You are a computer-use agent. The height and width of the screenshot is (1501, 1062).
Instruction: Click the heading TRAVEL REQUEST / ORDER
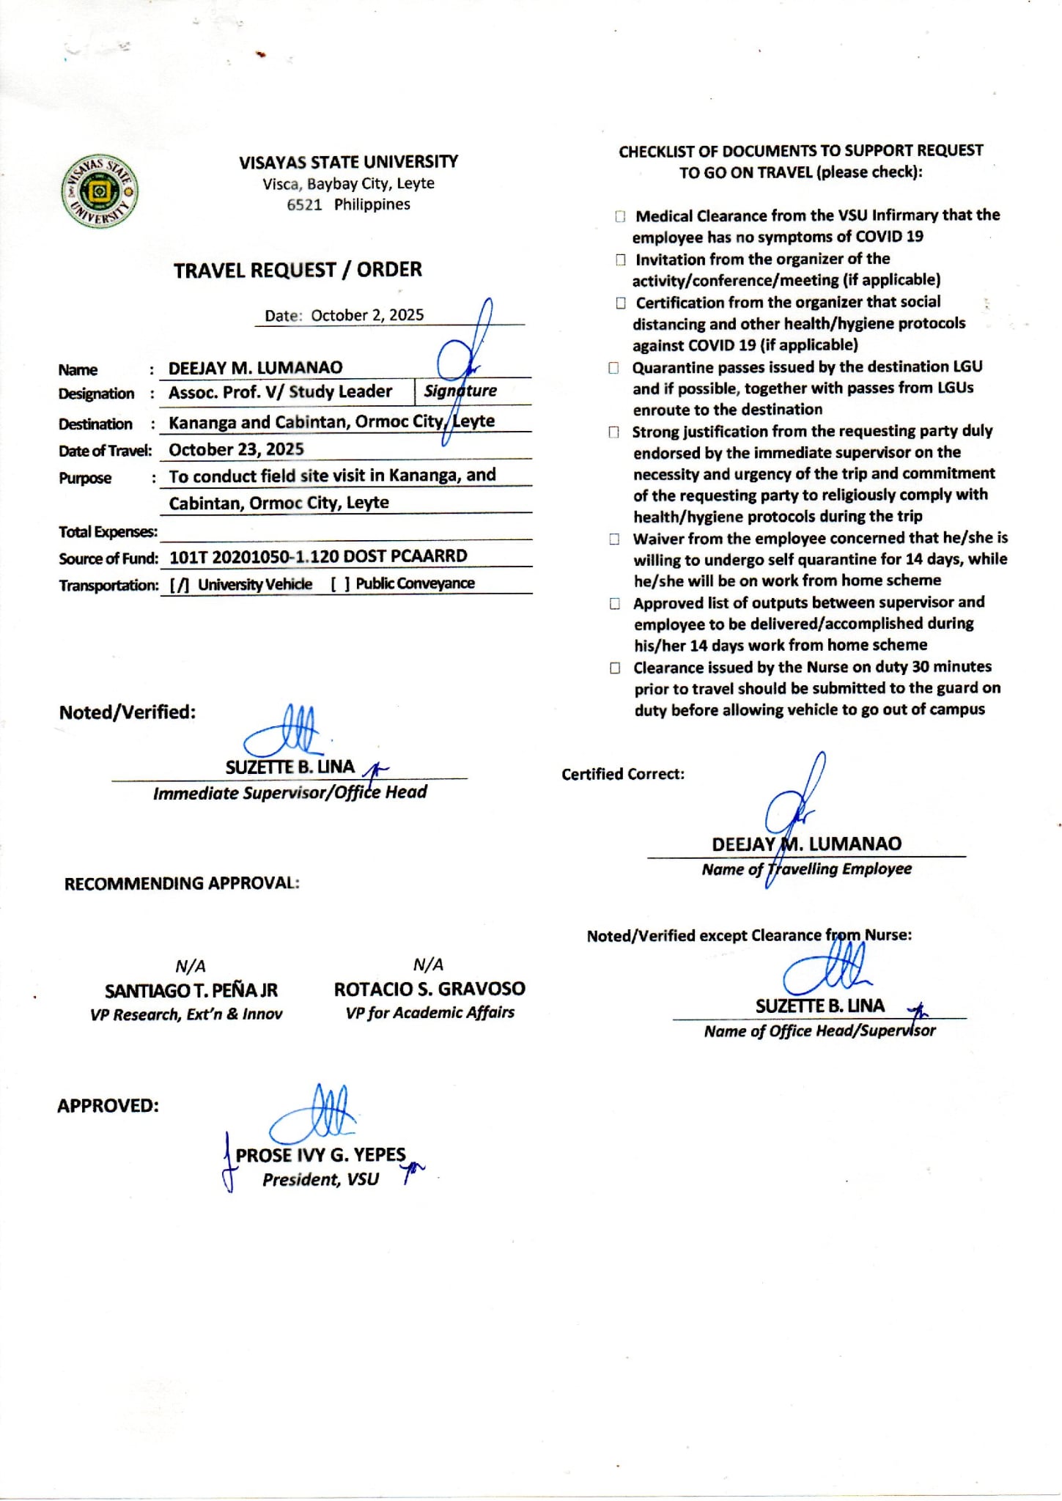pos(298,270)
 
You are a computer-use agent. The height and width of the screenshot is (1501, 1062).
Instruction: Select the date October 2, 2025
pos(366,315)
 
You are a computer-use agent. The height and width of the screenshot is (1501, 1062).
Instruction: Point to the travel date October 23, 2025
pos(236,449)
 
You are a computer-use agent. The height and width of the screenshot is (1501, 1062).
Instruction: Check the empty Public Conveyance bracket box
pos(340,584)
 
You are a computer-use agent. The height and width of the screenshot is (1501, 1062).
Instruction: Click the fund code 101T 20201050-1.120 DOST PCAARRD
pos(317,556)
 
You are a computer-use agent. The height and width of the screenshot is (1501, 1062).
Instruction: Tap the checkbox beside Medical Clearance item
pos(621,217)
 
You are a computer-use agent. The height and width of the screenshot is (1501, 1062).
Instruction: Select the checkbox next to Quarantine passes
pos(614,368)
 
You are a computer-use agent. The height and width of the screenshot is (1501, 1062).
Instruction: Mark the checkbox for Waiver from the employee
pos(615,539)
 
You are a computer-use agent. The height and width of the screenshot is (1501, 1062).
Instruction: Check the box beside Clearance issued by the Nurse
pos(616,668)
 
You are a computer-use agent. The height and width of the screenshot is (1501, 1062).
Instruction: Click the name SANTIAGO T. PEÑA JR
pos(191,991)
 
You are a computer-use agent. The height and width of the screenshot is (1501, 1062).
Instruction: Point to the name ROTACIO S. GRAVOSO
pos(429,989)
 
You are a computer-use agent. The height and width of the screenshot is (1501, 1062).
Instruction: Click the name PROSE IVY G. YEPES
pos(320,1155)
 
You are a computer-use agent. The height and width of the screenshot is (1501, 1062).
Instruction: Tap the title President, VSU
pos(320,1179)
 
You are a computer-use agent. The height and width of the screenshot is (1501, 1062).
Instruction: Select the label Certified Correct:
pos(623,775)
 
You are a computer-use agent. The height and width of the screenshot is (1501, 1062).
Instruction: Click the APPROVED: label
pos(108,1106)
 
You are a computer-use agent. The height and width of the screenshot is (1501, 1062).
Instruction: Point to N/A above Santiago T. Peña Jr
pos(191,966)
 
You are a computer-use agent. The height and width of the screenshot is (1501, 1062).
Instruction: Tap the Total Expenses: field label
pos(108,532)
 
